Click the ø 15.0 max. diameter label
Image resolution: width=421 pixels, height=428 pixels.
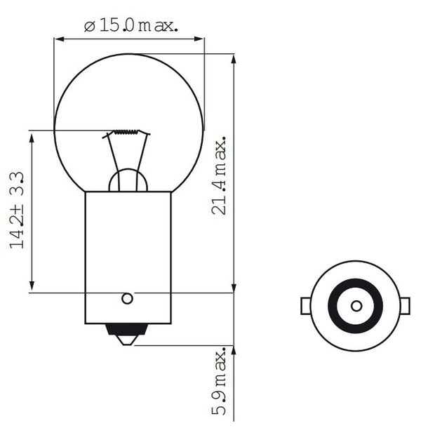coord(131,26)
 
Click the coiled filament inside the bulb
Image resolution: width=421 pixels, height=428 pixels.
coord(129,133)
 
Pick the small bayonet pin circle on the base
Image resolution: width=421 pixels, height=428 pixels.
coord(127,298)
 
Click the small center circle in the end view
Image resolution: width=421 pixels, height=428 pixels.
coord(356,306)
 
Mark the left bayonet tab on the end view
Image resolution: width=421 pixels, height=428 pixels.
coord(306,306)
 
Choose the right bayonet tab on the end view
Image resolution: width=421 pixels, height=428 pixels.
coord(405,306)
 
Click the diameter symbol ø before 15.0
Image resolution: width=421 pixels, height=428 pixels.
coord(89,27)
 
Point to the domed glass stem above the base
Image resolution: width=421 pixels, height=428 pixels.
coord(128,180)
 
